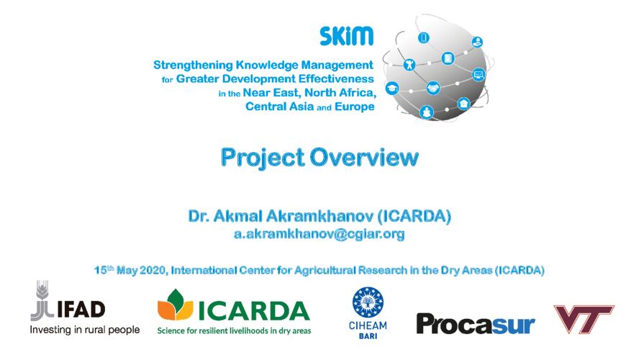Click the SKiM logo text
[346, 36]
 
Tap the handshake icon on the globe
[433, 88]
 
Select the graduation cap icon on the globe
[392, 88]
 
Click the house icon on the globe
[463, 104]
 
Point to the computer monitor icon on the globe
[479, 75]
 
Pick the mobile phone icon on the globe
[424, 38]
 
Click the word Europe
[355, 107]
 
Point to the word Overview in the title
[364, 157]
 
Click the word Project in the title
[263, 158]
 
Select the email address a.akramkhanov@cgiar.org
[319, 234]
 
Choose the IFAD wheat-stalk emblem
[42, 300]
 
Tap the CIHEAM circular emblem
[368, 302]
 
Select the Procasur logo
[475, 325]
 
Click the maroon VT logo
[584, 319]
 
